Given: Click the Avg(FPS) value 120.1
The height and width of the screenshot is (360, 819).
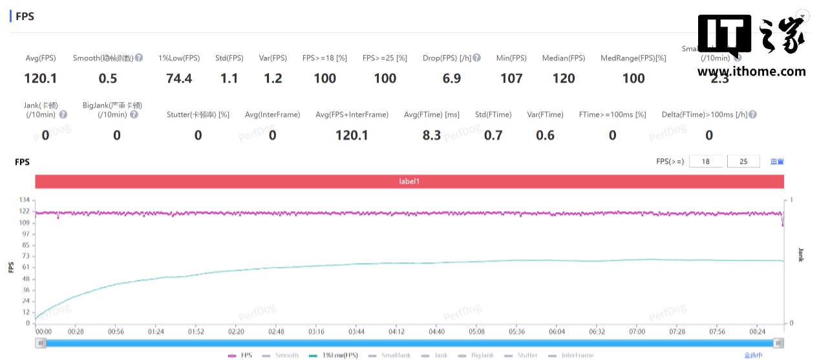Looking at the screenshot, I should tap(40, 79).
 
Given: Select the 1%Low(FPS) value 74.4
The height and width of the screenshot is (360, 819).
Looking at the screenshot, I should tap(179, 79).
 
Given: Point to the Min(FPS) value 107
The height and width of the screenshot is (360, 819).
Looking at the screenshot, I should tap(511, 79).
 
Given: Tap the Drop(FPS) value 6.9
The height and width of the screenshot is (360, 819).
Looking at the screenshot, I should tap(452, 79).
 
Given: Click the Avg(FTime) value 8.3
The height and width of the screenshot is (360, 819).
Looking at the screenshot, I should tap(432, 135).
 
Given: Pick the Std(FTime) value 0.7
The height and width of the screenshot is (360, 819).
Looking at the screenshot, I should tap(493, 135).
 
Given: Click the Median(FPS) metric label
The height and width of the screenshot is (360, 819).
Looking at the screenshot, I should tap(564, 58).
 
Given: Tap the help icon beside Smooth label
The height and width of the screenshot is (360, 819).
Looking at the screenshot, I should tap(139, 58).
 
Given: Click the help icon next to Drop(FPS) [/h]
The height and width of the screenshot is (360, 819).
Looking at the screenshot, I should tap(476, 58).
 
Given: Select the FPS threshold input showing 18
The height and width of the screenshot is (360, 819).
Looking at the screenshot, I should tap(706, 161).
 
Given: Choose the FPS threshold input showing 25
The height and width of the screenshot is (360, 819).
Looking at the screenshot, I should tap(743, 161).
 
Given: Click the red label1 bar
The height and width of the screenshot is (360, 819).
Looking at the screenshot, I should tap(409, 182).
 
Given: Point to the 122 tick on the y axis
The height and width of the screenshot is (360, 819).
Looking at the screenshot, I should tap(25, 211).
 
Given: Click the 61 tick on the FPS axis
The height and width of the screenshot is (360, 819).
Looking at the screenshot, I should tap(27, 267).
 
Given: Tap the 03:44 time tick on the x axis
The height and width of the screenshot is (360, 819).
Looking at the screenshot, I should tap(357, 332).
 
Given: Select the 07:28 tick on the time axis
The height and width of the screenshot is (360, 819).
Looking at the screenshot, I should tap(677, 332).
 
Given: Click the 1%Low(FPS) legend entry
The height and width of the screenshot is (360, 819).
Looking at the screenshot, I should tap(335, 355).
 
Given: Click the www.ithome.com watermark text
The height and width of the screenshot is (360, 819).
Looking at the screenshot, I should tap(751, 72).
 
